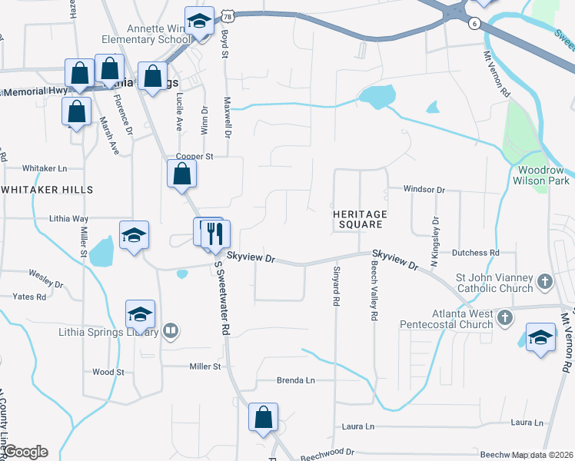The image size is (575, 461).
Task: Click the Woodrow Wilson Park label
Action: [543, 175]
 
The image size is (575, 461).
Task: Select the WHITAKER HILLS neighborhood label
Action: [47, 189]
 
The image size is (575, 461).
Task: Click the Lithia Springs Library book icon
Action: [171, 332]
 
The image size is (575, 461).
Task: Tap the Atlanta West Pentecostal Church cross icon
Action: [504, 317]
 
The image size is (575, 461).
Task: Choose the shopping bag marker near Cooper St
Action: [181, 173]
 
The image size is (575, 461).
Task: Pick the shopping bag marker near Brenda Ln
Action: [263, 418]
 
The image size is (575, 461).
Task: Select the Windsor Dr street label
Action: [425, 189]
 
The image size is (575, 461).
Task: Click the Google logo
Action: [25, 452]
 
